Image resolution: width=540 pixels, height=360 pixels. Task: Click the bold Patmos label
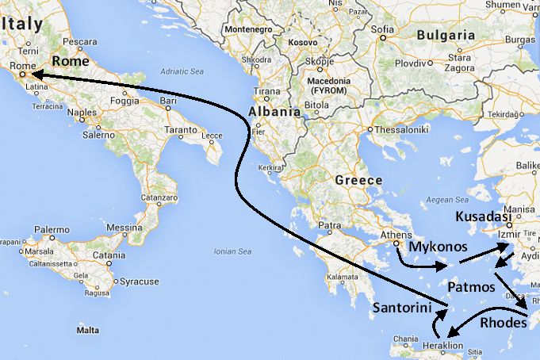471,286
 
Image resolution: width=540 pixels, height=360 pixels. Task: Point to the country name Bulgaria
446,35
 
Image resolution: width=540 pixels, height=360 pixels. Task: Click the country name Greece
358,180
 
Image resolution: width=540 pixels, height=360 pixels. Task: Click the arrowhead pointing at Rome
36,75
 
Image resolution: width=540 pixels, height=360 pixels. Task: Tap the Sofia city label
382,30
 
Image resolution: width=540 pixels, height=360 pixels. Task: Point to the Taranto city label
180,129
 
